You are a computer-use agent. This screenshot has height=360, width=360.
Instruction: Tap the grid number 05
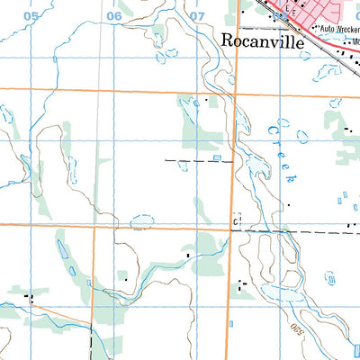click(31, 16)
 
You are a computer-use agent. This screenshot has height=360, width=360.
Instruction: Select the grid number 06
click(114, 16)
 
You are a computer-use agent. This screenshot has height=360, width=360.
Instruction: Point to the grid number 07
click(197, 16)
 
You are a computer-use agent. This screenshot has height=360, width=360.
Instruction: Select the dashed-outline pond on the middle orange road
click(141, 221)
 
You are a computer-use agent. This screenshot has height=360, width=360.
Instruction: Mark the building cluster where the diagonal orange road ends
click(29, 296)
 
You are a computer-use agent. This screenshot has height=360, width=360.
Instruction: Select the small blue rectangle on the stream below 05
click(55, 59)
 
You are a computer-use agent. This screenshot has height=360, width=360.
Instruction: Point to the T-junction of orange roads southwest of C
click(93, 226)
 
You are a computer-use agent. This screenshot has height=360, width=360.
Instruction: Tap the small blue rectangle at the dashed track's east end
click(217, 158)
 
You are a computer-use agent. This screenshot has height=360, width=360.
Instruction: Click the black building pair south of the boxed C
click(241, 285)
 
